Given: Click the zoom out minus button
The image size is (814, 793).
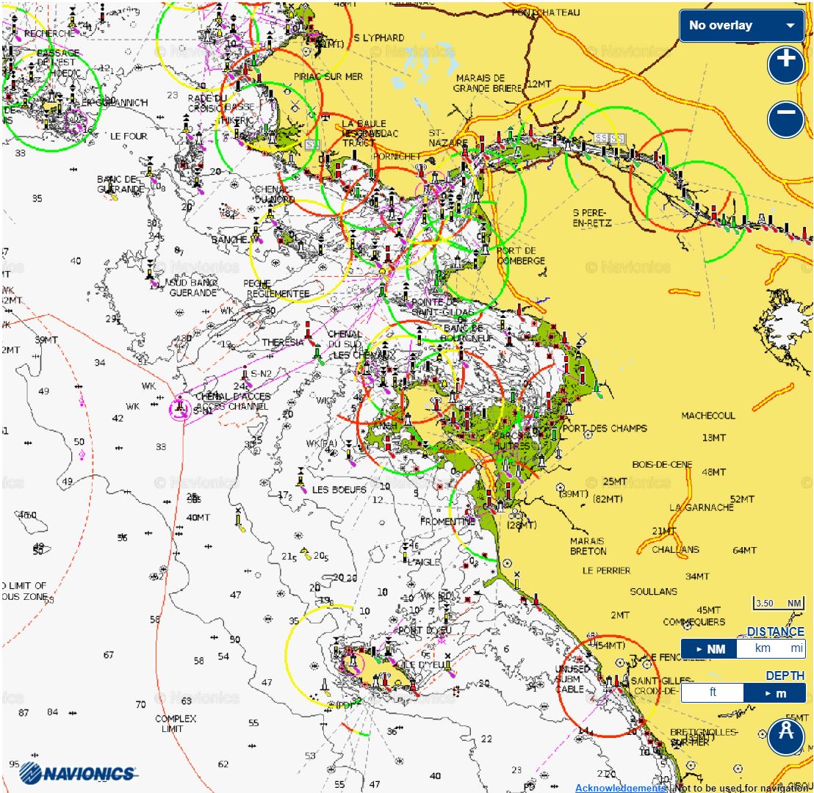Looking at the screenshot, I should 785,119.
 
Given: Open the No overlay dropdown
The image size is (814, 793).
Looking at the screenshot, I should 741,26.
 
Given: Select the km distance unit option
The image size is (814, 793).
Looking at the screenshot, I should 763,648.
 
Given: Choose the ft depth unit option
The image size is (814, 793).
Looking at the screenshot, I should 712,692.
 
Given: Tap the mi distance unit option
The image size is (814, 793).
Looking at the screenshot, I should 796,648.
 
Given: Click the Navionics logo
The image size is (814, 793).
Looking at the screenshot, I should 77,772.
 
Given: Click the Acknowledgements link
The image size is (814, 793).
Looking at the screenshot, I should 620,788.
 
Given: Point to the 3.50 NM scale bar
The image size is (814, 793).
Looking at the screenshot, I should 778,604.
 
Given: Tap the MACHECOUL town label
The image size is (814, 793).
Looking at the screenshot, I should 707,416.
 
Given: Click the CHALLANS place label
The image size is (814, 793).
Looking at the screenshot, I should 675,549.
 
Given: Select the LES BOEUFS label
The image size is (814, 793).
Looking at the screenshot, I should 339,490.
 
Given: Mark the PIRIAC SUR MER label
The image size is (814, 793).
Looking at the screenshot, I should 328,76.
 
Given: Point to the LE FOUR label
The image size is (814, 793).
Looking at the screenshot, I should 129,136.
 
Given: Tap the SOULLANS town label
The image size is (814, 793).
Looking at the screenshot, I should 653,591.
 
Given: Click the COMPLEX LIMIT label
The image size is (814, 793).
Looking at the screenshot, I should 175,723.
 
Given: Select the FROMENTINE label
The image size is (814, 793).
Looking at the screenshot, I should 447,521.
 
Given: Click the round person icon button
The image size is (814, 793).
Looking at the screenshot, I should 785,736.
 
